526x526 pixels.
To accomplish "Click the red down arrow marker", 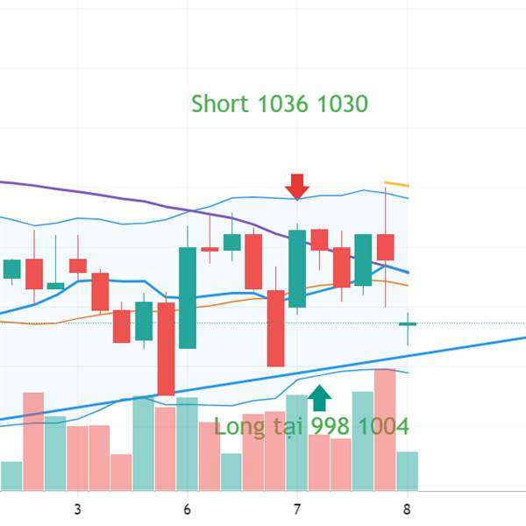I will [x=297, y=186].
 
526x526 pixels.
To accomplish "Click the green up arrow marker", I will [x=320, y=398].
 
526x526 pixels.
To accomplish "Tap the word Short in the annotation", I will [x=220, y=103].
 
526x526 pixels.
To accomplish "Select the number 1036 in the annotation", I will [x=283, y=103].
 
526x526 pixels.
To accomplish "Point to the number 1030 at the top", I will [x=342, y=103].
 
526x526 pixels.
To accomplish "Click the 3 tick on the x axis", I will [x=78, y=509].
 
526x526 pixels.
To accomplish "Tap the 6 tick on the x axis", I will [x=188, y=509].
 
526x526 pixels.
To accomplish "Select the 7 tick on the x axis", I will [x=297, y=509].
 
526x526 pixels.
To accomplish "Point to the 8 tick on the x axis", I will [x=407, y=509].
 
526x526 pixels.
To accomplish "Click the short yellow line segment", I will [x=397, y=184].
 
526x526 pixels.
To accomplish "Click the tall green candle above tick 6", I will [x=188, y=298].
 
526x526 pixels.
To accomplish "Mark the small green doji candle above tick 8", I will [x=408, y=323].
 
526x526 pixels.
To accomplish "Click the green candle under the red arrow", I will [x=297, y=267].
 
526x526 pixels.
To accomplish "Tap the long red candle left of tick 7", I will [x=275, y=328].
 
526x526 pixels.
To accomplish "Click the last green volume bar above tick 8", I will [x=408, y=471].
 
